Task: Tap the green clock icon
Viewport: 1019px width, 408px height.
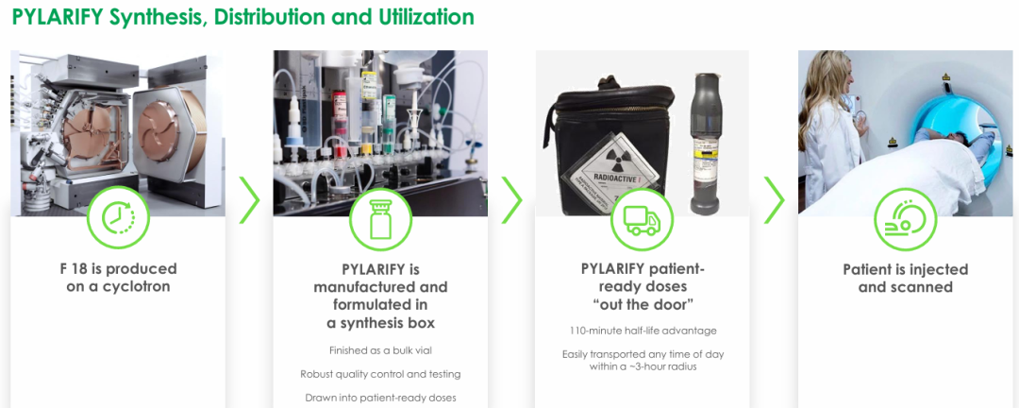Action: click(x=118, y=217)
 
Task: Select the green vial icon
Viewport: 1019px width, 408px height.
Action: click(x=381, y=219)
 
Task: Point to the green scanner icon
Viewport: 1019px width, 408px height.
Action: click(x=905, y=220)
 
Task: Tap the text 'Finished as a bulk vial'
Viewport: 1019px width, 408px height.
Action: click(x=381, y=350)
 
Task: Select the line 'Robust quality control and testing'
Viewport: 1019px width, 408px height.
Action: click(x=381, y=374)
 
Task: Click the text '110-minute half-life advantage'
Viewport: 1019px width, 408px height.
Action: click(x=643, y=331)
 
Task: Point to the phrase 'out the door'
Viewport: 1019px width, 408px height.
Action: click(x=643, y=304)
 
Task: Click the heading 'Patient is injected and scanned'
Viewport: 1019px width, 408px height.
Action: click(x=905, y=278)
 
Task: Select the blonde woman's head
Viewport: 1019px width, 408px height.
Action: click(x=827, y=76)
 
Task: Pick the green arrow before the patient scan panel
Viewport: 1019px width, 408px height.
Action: click(x=774, y=200)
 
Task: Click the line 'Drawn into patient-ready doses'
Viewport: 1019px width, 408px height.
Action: click(x=381, y=398)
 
